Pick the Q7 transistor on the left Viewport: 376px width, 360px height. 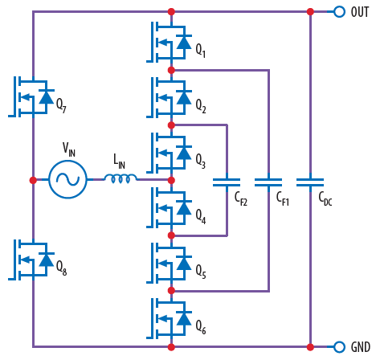point(31,96)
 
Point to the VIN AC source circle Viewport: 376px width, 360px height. point(67,179)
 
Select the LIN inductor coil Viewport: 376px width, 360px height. point(121,178)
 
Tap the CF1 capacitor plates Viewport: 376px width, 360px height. point(268,182)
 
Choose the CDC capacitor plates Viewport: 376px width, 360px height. point(310,182)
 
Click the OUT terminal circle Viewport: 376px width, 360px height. point(339,11)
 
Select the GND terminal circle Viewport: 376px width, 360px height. point(339,347)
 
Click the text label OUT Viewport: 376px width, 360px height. point(360,11)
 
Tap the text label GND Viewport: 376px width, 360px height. point(360,347)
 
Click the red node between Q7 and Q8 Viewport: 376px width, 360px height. point(33,180)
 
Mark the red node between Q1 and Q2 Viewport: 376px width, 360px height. point(171,70)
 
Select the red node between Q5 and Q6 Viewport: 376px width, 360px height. point(171,290)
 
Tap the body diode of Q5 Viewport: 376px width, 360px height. point(183,262)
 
